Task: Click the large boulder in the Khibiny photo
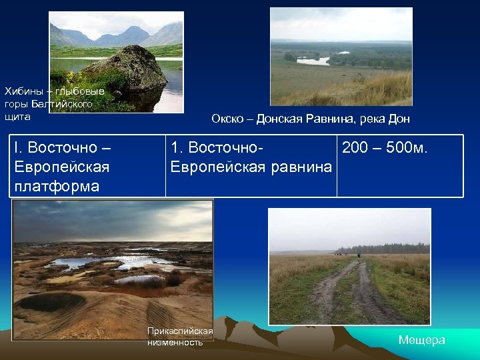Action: click(127, 68)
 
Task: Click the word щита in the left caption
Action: click(17, 117)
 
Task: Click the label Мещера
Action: click(421, 340)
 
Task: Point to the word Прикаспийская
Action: click(180, 331)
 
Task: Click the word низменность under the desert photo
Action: click(175, 342)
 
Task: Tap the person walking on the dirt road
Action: click(358, 255)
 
